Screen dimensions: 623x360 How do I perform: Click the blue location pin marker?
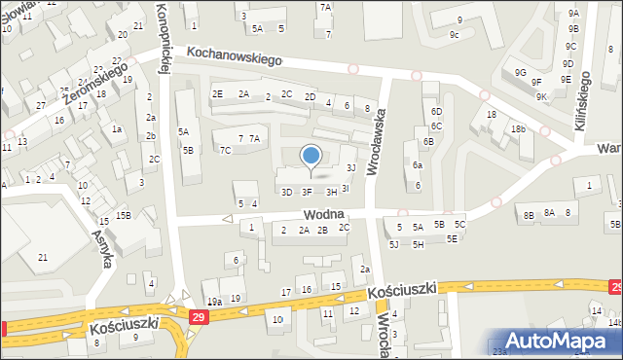click(x=311, y=156)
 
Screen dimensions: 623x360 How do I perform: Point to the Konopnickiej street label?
click(x=165, y=39)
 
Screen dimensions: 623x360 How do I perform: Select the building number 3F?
click(x=307, y=192)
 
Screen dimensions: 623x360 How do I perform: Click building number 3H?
click(x=332, y=192)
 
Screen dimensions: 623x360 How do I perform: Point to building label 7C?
click(x=225, y=150)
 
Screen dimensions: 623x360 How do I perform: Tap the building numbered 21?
click(x=42, y=257)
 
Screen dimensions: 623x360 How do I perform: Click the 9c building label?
click(x=455, y=35)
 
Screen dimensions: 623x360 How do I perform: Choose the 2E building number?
click(x=217, y=93)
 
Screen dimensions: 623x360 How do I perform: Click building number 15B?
click(x=124, y=215)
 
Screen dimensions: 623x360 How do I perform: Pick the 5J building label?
click(x=393, y=244)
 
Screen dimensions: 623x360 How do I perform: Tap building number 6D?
click(x=436, y=111)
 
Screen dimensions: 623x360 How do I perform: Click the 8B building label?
click(x=529, y=215)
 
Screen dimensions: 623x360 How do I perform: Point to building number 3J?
click(x=350, y=168)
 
